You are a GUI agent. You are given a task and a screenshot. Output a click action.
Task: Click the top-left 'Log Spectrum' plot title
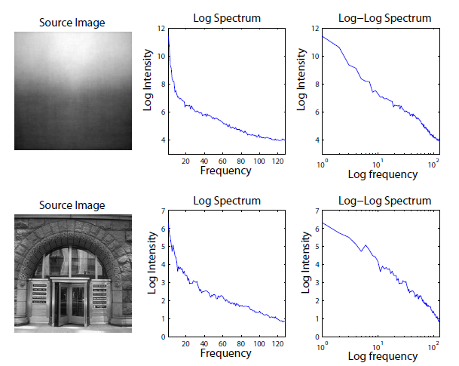227,18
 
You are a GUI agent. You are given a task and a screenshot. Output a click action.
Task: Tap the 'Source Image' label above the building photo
74,205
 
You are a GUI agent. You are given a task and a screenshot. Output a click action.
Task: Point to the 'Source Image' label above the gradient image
74,23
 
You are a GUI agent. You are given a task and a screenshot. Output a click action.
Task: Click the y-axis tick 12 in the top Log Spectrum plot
161,28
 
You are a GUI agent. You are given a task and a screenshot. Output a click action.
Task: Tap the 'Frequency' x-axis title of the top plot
226,171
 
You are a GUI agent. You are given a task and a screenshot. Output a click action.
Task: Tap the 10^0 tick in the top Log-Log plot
323,161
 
